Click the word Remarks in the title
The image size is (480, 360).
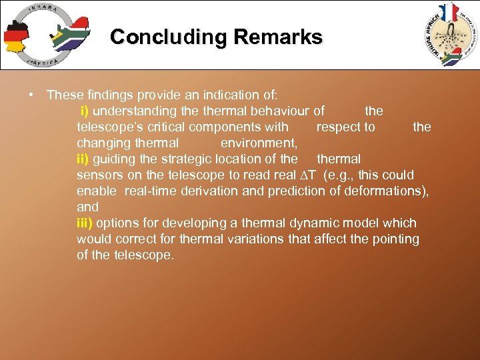[281, 37]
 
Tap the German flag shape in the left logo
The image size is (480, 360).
[16, 37]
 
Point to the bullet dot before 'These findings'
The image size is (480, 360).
[31, 95]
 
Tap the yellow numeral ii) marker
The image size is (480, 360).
[83, 159]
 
